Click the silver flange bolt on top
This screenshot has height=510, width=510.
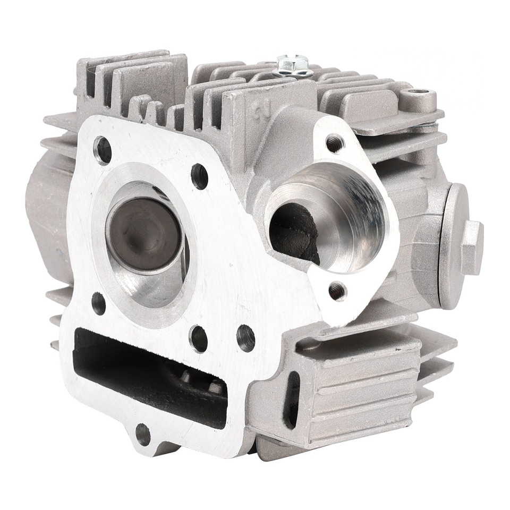tap(292, 64)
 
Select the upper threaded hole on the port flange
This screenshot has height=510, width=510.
tap(334, 143)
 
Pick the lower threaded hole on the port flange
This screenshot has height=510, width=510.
tap(336, 291)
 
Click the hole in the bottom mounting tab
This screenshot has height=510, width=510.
tap(143, 434)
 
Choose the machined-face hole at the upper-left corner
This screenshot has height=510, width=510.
tap(103, 150)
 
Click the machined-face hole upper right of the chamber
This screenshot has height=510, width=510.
tap(200, 176)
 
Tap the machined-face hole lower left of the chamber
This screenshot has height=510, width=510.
tap(98, 303)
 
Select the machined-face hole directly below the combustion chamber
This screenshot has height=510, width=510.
tap(198, 338)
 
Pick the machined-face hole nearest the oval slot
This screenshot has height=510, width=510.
tap(245, 338)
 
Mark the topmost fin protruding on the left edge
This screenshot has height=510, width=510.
tap(58, 123)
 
